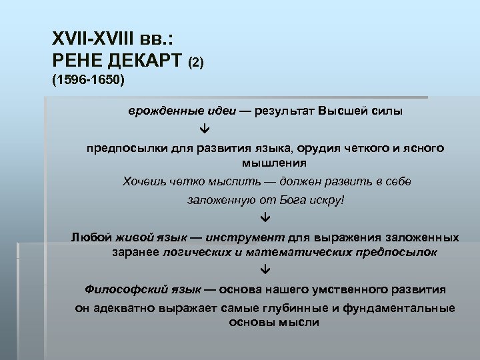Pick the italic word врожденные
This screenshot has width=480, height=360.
[x=159, y=111]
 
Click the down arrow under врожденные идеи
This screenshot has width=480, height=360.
[x=204, y=127]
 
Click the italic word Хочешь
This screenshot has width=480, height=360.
[x=142, y=182]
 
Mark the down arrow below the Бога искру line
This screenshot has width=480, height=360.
[x=265, y=217]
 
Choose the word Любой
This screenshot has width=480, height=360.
[x=91, y=237]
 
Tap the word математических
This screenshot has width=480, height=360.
[x=293, y=252]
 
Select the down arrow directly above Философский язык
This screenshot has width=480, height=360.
[x=265, y=270]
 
